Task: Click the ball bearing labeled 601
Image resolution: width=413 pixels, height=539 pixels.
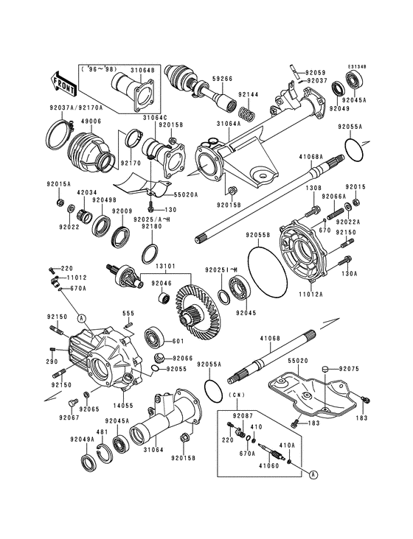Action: tap(156, 337)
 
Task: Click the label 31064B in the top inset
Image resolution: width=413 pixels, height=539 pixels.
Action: tap(142, 71)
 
